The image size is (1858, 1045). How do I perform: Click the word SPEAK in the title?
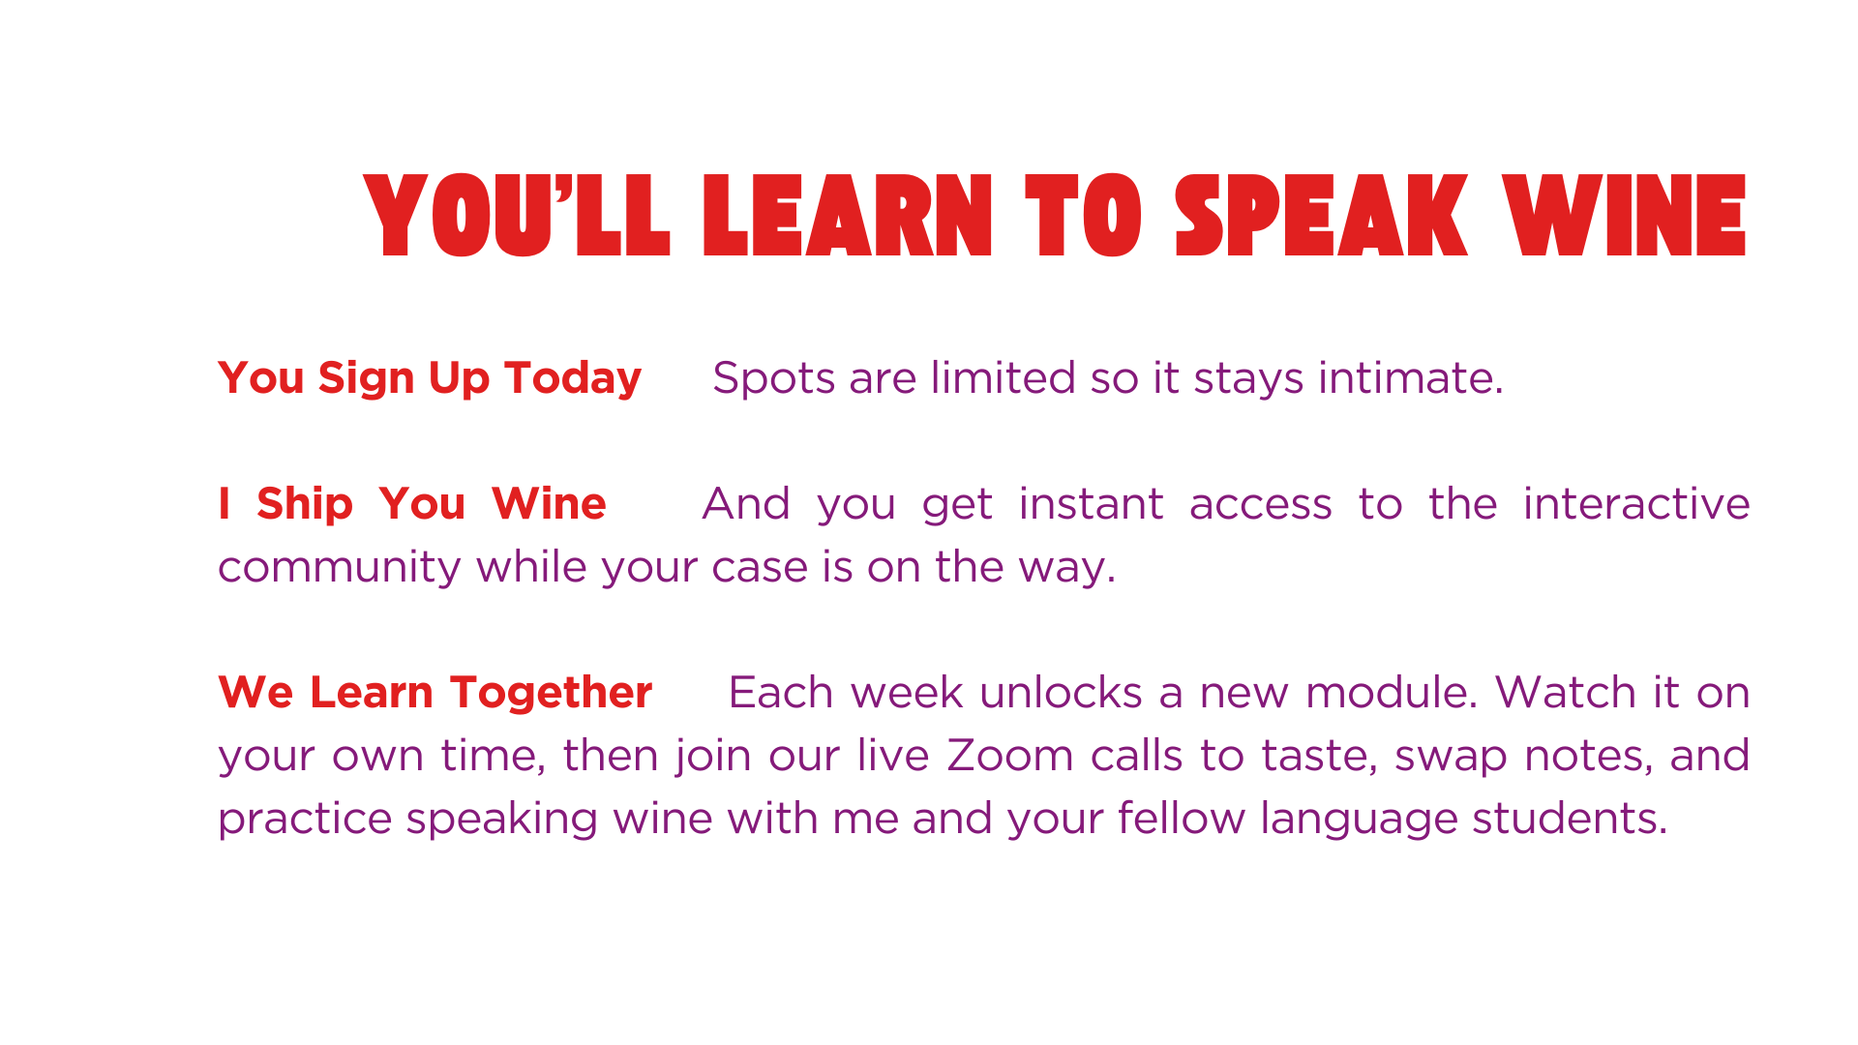1321,216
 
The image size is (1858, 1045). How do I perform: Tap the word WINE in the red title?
1625,216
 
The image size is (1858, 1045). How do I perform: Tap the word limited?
1003,377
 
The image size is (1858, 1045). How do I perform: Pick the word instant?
1091,504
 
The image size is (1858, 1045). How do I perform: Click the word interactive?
1636,504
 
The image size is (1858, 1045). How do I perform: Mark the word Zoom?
1009,756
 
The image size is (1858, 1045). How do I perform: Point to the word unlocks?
1062,693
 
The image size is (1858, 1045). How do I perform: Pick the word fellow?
1182,819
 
